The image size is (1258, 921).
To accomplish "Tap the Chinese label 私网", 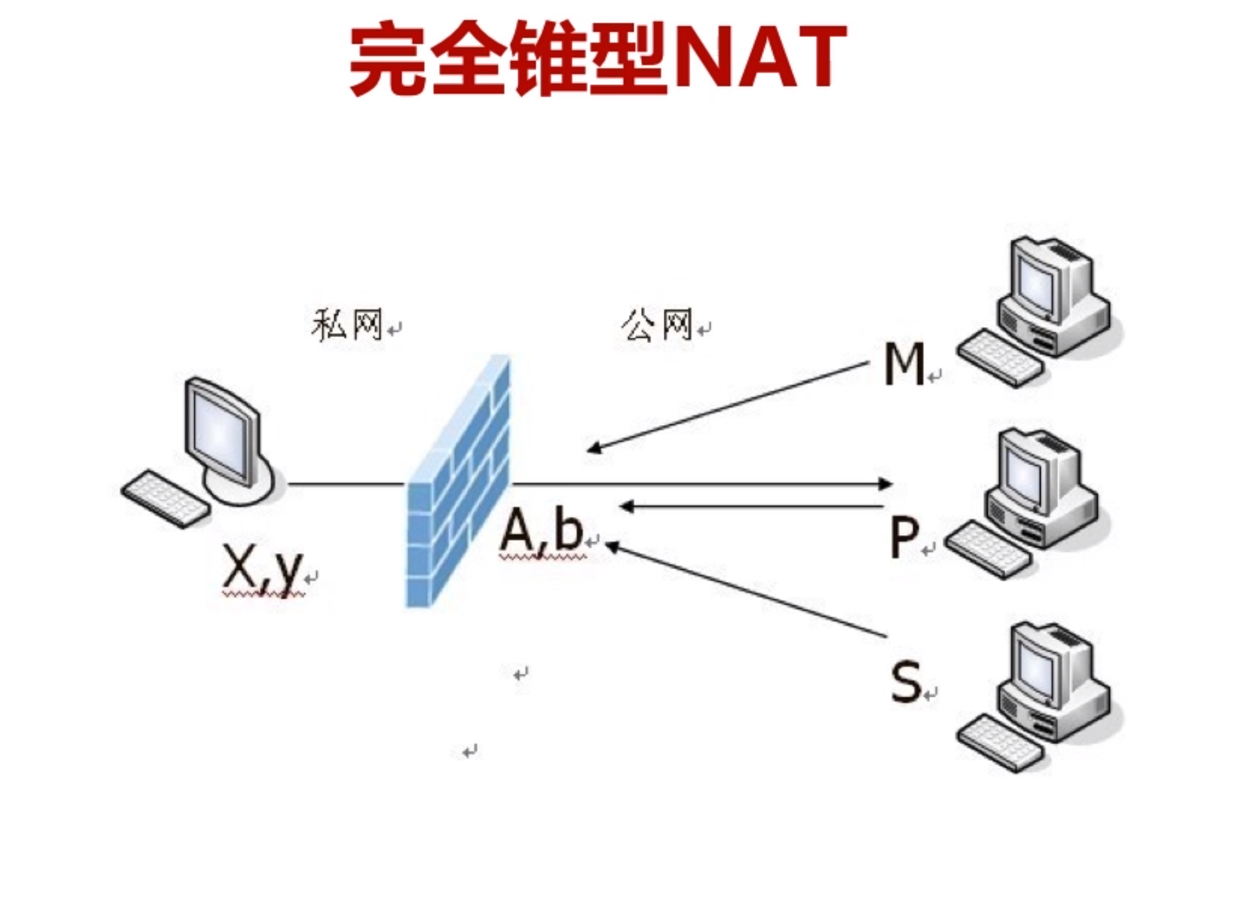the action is [x=347, y=324].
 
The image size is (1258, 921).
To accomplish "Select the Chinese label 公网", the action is [x=657, y=324].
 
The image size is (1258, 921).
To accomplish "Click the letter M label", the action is [x=904, y=364].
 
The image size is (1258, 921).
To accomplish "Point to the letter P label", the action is [x=904, y=538].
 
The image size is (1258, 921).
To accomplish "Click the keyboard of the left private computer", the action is [x=165, y=499].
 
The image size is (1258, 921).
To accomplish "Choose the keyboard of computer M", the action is [x=999, y=358].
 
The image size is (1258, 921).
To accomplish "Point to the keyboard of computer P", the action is [x=987, y=551].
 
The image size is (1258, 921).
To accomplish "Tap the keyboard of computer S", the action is [x=999, y=742].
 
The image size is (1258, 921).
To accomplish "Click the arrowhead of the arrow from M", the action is [x=593, y=448].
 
